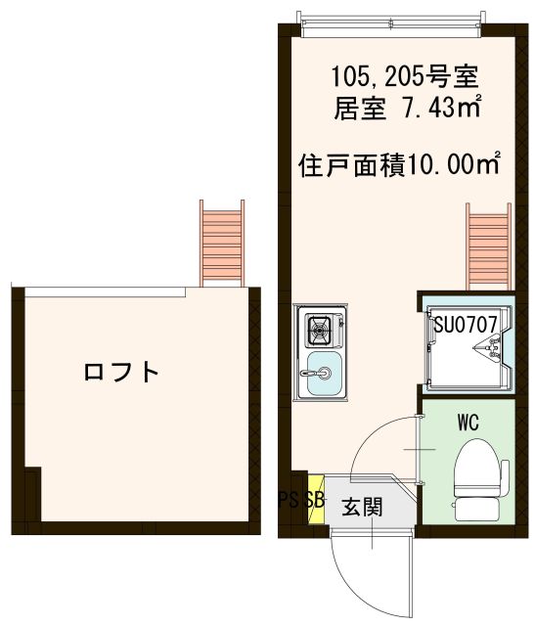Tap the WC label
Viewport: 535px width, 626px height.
tap(467, 425)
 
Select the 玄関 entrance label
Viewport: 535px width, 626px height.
tap(361, 508)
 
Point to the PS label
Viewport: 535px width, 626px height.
tap(290, 500)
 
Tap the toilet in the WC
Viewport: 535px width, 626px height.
tap(477, 468)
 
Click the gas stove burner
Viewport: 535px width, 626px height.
tap(321, 331)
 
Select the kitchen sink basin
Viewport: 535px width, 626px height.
tap(322, 376)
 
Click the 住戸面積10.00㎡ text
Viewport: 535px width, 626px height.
tap(399, 163)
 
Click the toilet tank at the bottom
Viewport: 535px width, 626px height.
tap(477, 509)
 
